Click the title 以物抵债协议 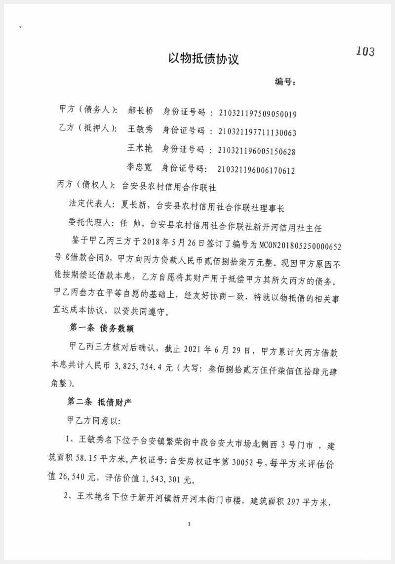pyautogui.click(x=203, y=59)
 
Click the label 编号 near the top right pyautogui.click(x=285, y=82)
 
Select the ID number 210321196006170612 pyautogui.click(x=256, y=171)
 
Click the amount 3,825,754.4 pyautogui.click(x=139, y=368)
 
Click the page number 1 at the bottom pyautogui.click(x=190, y=524)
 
